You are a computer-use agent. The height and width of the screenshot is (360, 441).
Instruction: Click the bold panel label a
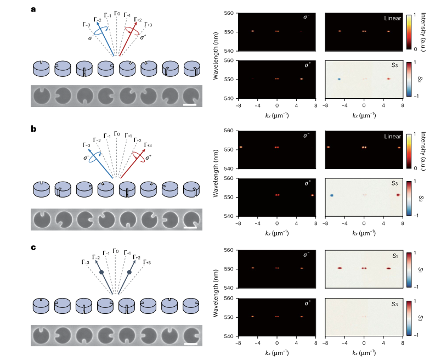tap(34, 9)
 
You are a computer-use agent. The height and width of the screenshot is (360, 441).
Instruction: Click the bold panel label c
tap(34, 248)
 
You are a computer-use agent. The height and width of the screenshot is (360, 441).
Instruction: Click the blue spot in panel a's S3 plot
tap(340, 79)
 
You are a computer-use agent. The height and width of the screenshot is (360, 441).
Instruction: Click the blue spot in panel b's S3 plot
tap(332, 195)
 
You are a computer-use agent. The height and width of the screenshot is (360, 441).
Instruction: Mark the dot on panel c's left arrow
tap(101, 272)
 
